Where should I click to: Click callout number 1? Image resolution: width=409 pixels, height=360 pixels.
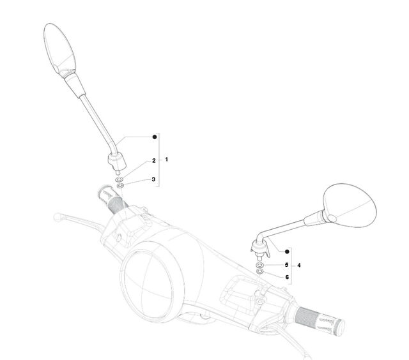pyautogui.click(x=167, y=159)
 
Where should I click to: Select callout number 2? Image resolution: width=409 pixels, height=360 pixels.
pyautogui.click(x=154, y=160)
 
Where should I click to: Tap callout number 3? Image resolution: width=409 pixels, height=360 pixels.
pyautogui.click(x=153, y=179)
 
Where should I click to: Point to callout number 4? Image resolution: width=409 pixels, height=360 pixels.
pyautogui.click(x=299, y=265)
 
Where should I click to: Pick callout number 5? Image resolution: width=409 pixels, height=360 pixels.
pyautogui.click(x=287, y=265)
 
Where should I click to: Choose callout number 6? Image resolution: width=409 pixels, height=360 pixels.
pyautogui.click(x=287, y=277)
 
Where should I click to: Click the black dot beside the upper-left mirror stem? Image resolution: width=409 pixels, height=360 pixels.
pyautogui.click(x=155, y=137)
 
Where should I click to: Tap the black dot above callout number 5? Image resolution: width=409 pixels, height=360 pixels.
pyautogui.click(x=287, y=251)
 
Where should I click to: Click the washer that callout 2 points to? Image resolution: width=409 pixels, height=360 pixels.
pyautogui.click(x=120, y=180)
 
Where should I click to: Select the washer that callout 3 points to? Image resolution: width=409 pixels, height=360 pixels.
pyautogui.click(x=120, y=186)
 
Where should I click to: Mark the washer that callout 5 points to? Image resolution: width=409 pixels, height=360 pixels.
pyautogui.click(x=259, y=265)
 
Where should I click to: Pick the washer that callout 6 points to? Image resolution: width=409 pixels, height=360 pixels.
pyautogui.click(x=260, y=272)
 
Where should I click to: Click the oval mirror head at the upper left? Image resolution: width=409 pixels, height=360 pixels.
pyautogui.click(x=59, y=50)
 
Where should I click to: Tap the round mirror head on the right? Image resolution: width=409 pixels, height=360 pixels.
pyautogui.click(x=350, y=206)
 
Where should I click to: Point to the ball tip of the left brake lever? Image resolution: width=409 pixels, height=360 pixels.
pyautogui.click(x=57, y=217)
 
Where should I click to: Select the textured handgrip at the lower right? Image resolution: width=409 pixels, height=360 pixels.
pyautogui.click(x=320, y=321)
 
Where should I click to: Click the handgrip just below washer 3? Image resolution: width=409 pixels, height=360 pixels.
pyautogui.click(x=112, y=199)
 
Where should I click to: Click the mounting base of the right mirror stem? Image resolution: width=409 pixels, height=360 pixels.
pyautogui.click(x=260, y=249)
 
